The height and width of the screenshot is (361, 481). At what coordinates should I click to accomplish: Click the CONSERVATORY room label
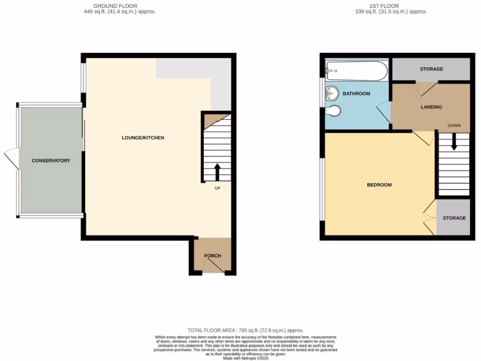[x=51, y=161]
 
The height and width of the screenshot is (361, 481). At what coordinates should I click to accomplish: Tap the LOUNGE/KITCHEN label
[x=143, y=138]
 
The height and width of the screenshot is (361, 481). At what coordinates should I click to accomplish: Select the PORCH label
[x=212, y=256]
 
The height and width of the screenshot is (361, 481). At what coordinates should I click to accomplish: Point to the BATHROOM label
[x=356, y=94]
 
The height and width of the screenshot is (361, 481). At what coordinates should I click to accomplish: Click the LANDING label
[x=431, y=107]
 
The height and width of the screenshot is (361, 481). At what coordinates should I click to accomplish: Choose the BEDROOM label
[x=379, y=185]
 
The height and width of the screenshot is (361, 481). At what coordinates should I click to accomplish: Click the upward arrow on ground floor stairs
[x=217, y=172]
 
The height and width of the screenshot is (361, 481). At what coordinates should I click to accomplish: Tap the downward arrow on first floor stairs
[x=454, y=141]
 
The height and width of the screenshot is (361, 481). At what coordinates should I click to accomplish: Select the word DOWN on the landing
[x=454, y=126]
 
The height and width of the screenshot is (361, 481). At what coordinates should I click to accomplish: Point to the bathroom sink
[x=332, y=94]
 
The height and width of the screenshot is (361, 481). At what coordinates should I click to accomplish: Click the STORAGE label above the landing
[x=431, y=69]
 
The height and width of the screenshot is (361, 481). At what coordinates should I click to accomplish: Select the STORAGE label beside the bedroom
[x=454, y=218]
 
